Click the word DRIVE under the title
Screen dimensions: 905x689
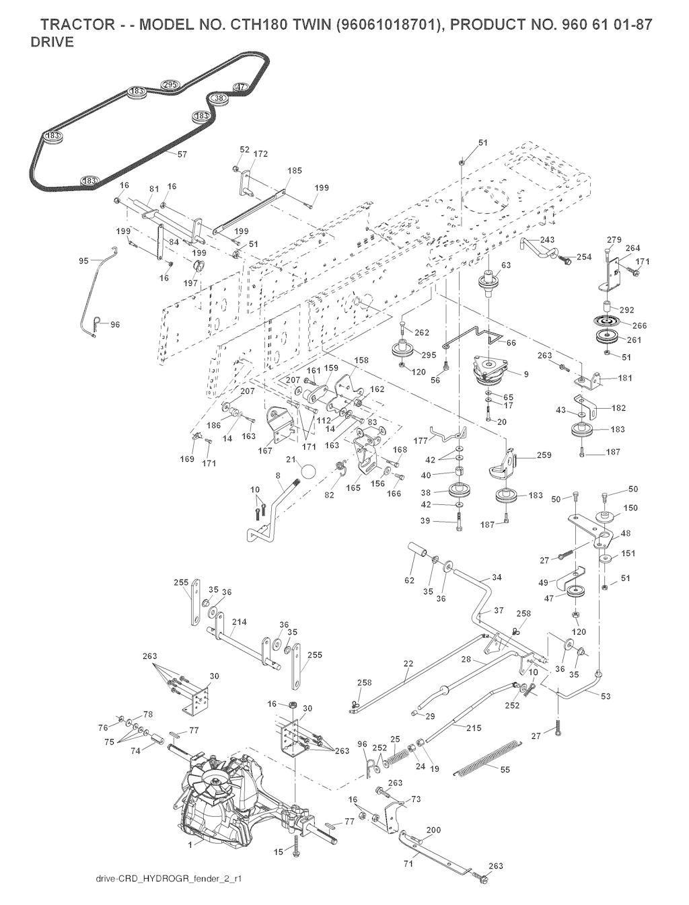52,42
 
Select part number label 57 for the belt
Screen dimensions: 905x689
182,155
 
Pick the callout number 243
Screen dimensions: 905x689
546,240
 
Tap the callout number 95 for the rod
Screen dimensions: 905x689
83,261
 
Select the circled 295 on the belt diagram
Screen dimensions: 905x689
170,85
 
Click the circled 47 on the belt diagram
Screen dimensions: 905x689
241,87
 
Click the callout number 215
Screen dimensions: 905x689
474,727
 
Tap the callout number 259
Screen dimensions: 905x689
544,455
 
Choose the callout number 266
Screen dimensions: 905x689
639,325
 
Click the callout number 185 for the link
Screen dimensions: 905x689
295,171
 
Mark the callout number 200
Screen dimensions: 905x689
433,830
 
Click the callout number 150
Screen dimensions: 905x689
631,508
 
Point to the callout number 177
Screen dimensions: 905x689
421,442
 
